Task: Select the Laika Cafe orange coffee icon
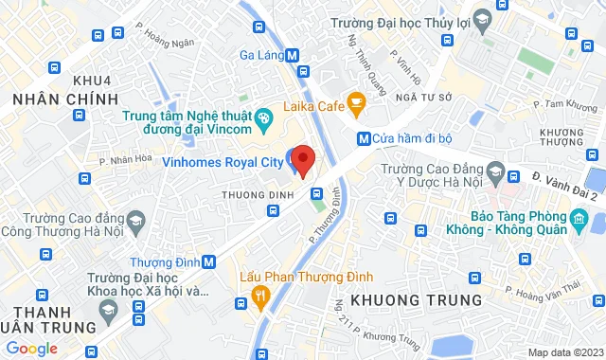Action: [356, 100]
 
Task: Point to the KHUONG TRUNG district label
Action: [417, 299]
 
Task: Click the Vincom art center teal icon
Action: [264, 118]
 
